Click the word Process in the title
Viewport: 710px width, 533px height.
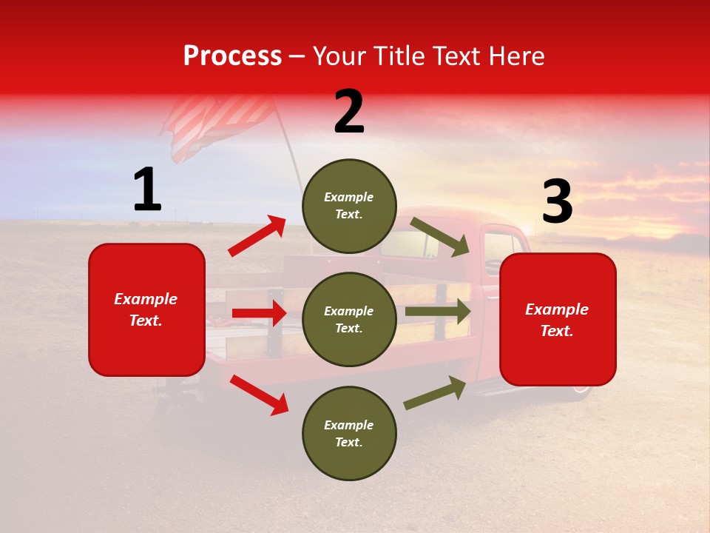tap(232, 56)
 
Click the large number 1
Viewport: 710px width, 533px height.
tap(147, 190)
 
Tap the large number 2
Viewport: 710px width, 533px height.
tap(349, 112)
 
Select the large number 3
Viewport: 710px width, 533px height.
tap(557, 202)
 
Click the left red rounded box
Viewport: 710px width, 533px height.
tap(146, 309)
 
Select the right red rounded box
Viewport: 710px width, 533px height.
tap(558, 319)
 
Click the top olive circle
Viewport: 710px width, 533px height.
tap(349, 205)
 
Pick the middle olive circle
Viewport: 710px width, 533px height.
tap(349, 319)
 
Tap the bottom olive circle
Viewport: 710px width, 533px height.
tap(349, 433)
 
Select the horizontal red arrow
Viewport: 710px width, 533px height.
tap(259, 313)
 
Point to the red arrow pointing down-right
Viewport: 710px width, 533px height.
tap(259, 395)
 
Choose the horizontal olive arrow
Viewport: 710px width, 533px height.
tap(437, 312)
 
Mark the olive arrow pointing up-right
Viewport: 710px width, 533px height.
tap(435, 393)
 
